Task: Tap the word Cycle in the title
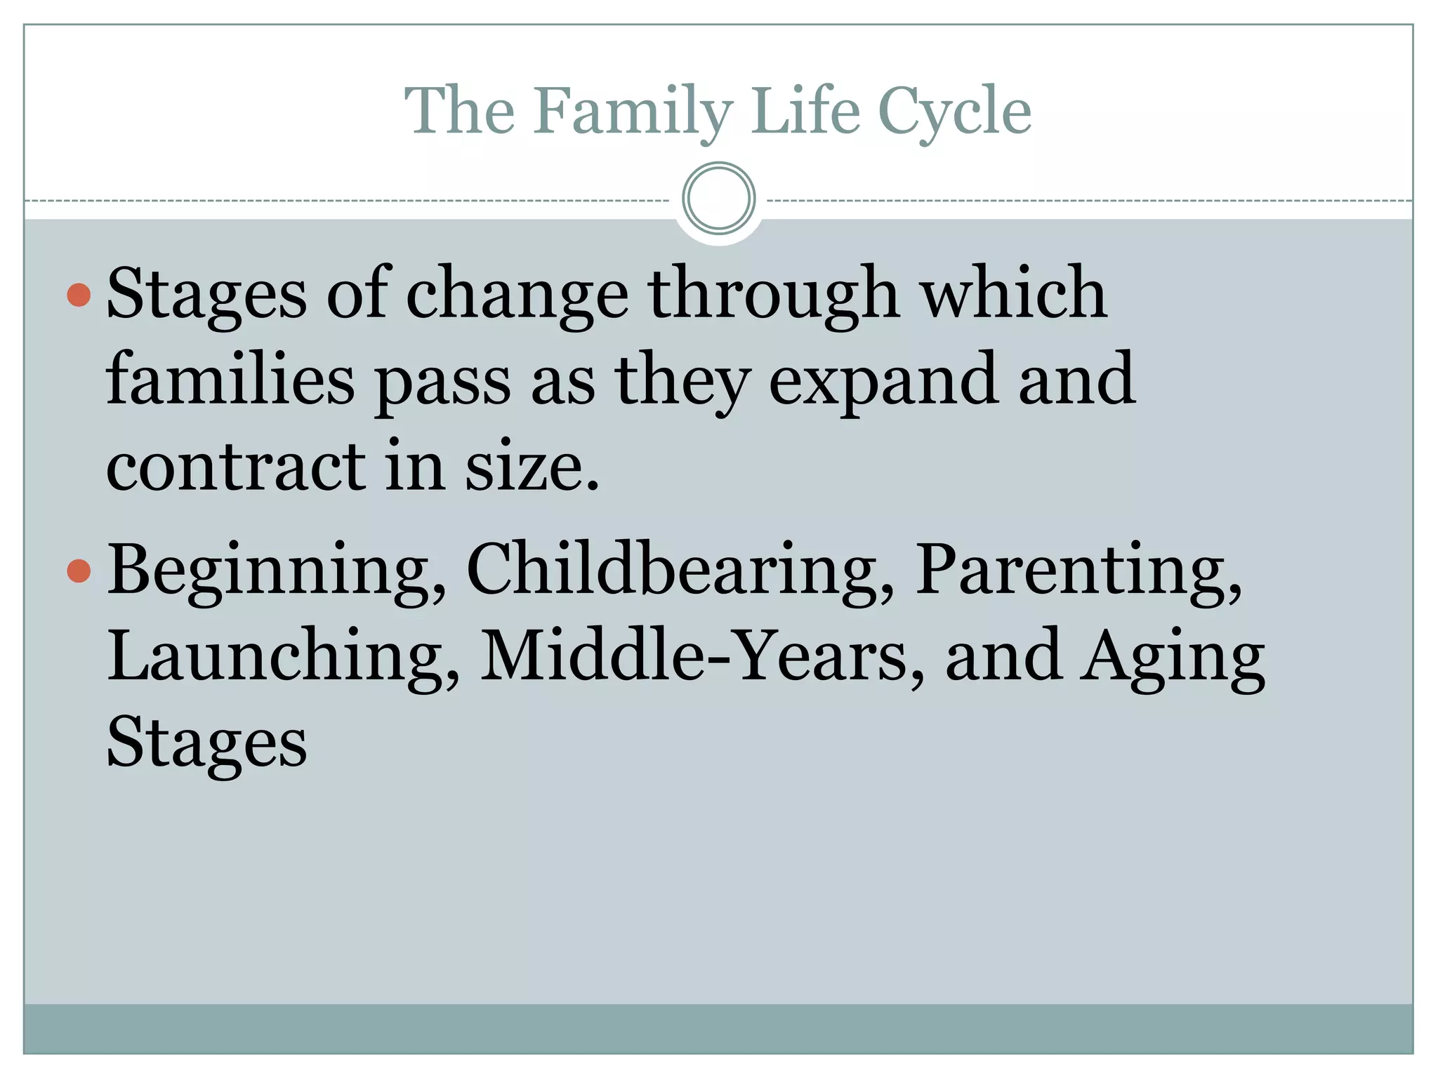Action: pos(955,111)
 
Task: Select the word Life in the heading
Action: pos(805,111)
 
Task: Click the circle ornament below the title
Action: pos(718,199)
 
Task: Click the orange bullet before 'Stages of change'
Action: pos(79,295)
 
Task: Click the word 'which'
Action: pos(1014,293)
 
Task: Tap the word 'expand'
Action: pos(883,380)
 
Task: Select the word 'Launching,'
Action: pos(284,656)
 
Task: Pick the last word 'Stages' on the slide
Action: pos(206,743)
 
